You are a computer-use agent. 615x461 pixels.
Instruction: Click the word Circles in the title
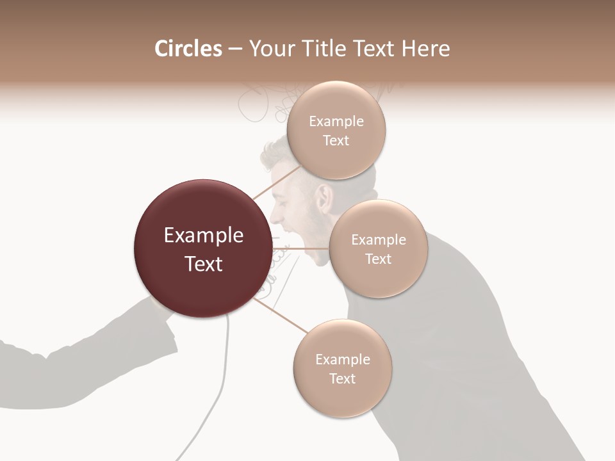(188, 49)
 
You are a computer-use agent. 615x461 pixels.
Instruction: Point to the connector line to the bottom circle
(281, 315)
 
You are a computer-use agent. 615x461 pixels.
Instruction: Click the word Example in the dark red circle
(203, 236)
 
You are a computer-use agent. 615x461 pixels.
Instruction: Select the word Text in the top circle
(336, 141)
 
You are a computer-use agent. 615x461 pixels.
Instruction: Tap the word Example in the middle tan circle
(378, 240)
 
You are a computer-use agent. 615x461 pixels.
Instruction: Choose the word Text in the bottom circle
(342, 379)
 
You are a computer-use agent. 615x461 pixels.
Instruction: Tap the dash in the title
(234, 49)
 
